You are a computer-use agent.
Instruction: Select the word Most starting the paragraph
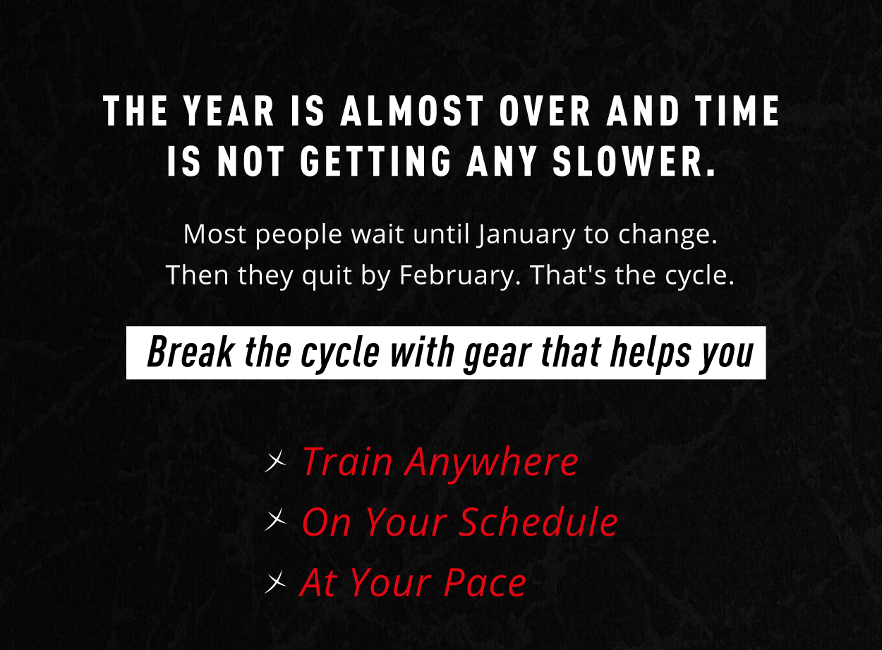tap(215, 234)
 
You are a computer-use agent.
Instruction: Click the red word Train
tap(347, 462)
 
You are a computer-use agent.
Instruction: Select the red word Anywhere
tap(492, 463)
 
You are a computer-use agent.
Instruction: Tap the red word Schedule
tap(538, 522)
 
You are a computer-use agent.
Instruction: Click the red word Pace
tap(485, 583)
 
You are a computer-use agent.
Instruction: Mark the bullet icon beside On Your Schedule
tap(276, 522)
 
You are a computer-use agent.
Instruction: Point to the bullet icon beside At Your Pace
tap(276, 582)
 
